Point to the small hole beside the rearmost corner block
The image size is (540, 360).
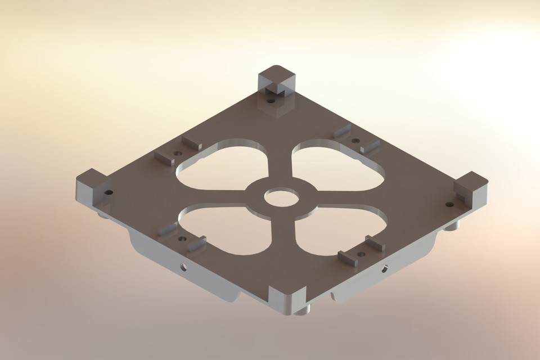(x=271, y=102)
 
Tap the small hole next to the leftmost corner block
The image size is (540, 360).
(x=109, y=192)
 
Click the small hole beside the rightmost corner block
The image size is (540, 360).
(x=449, y=204)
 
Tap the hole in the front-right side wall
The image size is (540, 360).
(x=385, y=268)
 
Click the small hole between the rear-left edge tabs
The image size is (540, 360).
(x=178, y=153)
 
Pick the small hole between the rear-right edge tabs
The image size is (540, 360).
(x=355, y=141)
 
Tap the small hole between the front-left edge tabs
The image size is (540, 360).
(x=182, y=238)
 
